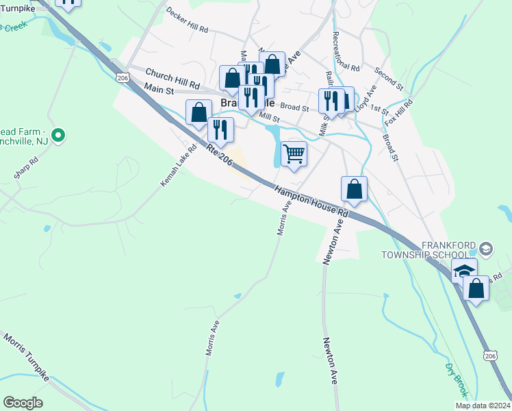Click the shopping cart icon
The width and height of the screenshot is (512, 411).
[x=294, y=153]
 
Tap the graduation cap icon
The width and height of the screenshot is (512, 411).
[x=463, y=271]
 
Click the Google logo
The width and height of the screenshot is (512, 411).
[x=23, y=403]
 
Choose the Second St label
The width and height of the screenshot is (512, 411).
[x=389, y=79]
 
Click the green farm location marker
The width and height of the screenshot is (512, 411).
[x=58, y=136]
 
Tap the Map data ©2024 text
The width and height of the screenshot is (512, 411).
[x=483, y=406]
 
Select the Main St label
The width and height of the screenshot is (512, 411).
[x=159, y=88]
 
